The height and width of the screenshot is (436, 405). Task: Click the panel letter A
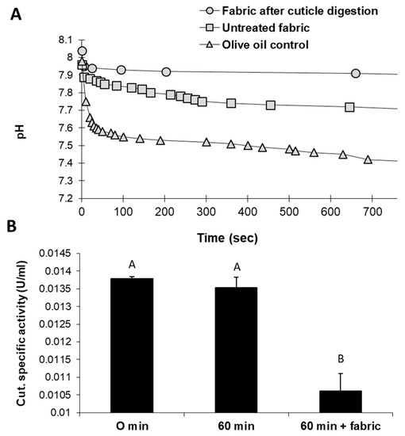point(15,13)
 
